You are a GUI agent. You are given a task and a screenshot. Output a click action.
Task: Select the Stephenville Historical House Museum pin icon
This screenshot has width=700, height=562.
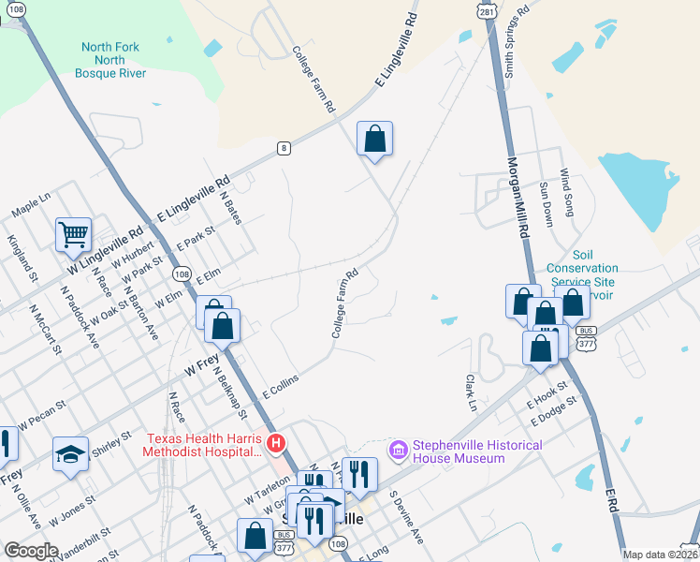point(400,451)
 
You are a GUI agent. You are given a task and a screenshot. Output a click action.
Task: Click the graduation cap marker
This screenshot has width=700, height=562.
point(70,455)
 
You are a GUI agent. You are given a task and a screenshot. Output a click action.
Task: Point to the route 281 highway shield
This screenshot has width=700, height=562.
point(486,10)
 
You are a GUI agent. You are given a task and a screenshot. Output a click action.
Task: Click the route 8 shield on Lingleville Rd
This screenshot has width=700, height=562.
point(283,148)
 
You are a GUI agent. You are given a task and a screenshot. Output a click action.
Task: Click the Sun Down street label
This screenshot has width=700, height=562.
point(546,204)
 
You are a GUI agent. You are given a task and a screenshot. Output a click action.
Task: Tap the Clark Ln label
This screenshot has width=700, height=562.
point(471,393)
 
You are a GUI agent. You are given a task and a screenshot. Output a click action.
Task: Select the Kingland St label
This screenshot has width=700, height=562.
point(22,259)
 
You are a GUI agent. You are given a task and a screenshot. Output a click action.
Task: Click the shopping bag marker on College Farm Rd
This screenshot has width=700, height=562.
point(374,140)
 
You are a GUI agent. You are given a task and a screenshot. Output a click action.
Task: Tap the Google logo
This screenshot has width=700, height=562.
point(30,551)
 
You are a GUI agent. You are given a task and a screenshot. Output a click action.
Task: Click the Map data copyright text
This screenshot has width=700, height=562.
point(660,555)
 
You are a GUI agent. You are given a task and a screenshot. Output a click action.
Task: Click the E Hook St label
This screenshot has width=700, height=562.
point(547,392)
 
